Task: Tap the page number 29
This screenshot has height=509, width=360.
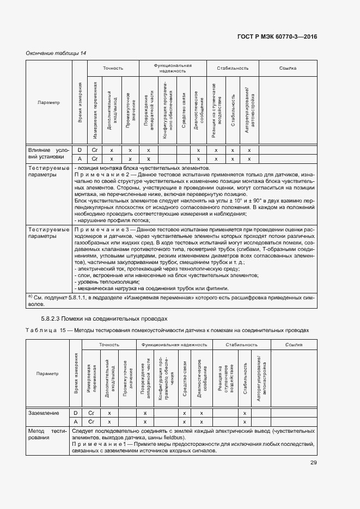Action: (x=314, y=463)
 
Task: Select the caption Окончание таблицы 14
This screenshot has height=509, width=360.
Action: (x=56, y=53)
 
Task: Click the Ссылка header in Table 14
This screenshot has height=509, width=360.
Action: (x=287, y=68)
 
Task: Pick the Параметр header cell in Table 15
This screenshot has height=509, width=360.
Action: (x=47, y=373)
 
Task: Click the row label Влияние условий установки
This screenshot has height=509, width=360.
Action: (x=48, y=154)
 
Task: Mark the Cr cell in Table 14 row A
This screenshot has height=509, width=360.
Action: (x=94, y=159)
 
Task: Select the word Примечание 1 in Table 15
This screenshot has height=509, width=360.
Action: (x=101, y=444)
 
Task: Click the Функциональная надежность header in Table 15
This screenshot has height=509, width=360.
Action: (x=174, y=345)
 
